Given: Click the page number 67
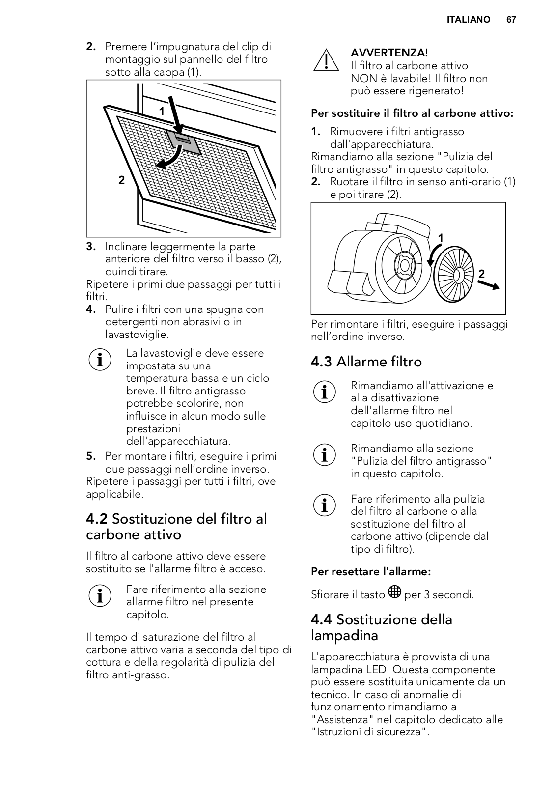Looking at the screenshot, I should pyautogui.click(x=511, y=20).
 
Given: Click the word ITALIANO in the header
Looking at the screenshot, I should pyautogui.click(x=468, y=20).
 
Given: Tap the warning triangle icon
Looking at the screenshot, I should pyautogui.click(x=325, y=60).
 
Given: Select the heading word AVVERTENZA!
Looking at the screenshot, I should pyautogui.click(x=389, y=53).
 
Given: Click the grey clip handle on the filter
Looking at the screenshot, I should pyautogui.click(x=183, y=141).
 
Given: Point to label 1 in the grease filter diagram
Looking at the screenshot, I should pyautogui.click(x=162, y=112).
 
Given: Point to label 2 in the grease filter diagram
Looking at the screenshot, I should pyautogui.click(x=121, y=180).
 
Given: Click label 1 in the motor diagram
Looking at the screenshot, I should pyautogui.click(x=441, y=238).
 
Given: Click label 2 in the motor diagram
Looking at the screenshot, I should pyautogui.click(x=481, y=274).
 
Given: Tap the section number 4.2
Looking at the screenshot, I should pyautogui.click(x=97, y=519).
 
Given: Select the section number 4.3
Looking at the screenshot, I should pyautogui.click(x=322, y=362).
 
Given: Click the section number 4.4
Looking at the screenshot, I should pyautogui.click(x=322, y=620).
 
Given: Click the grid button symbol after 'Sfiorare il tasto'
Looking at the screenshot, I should pyautogui.click(x=394, y=592).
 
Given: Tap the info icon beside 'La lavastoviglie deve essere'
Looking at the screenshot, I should pyautogui.click(x=99, y=360).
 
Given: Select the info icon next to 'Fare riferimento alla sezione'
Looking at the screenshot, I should pyautogui.click(x=99, y=595).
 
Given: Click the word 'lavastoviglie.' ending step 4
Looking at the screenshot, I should pyautogui.click(x=137, y=335).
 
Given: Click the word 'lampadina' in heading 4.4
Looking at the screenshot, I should pyautogui.click(x=344, y=636).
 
